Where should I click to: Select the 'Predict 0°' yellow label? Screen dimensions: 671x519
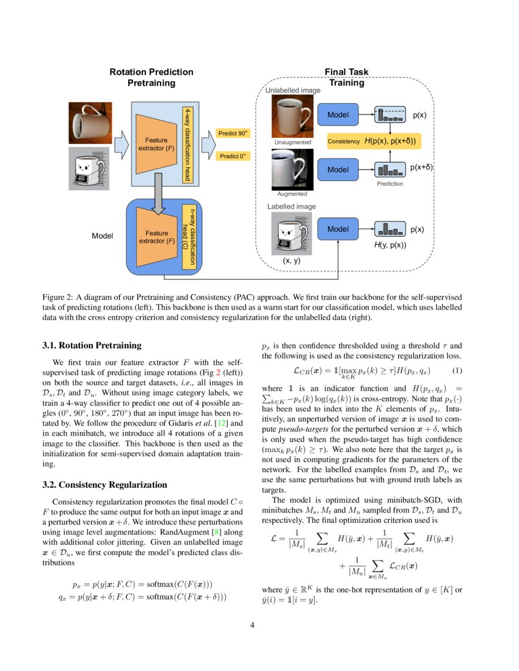pyautogui.click(x=233, y=156)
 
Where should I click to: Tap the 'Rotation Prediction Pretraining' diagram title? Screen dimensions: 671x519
pyautogui.click(x=151, y=77)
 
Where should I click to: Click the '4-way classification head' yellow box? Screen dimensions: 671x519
pyautogui.click(x=187, y=144)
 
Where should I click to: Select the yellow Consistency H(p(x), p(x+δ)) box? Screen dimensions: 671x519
pyautogui.click(x=376, y=141)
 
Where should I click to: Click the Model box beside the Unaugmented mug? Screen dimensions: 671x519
pyautogui.click(x=338, y=115)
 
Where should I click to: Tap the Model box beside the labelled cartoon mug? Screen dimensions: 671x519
pyautogui.click(x=338, y=229)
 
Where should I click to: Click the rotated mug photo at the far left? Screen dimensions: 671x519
pyautogui.click(x=90, y=123)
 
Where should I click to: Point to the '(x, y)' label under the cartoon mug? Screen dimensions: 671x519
pyautogui.click(x=292, y=260)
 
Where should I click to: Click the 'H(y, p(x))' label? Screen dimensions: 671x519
pyautogui.click(x=390, y=245)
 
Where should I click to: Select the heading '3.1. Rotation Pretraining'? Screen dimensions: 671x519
pyautogui.click(x=92, y=345)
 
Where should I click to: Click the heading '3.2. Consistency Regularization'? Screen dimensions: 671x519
pyautogui.click(x=104, y=485)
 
